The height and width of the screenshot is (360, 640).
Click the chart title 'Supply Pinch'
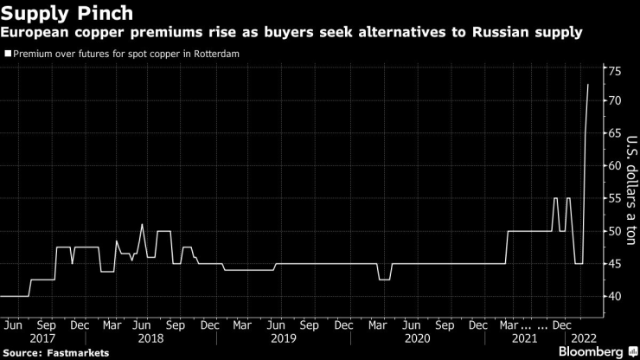[x=67, y=13]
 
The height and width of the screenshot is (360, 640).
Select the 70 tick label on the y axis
[x=614, y=101]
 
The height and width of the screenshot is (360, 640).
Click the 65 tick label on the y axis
[x=614, y=133]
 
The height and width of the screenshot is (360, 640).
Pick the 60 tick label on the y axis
[x=614, y=165]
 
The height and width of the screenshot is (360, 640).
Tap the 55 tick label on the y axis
[x=614, y=198]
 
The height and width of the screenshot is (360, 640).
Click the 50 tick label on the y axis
[x=614, y=231]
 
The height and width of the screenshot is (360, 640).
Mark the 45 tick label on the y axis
[x=614, y=264]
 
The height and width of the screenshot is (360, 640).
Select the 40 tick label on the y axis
[x=614, y=296]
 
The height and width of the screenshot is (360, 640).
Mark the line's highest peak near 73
[x=588, y=85]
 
